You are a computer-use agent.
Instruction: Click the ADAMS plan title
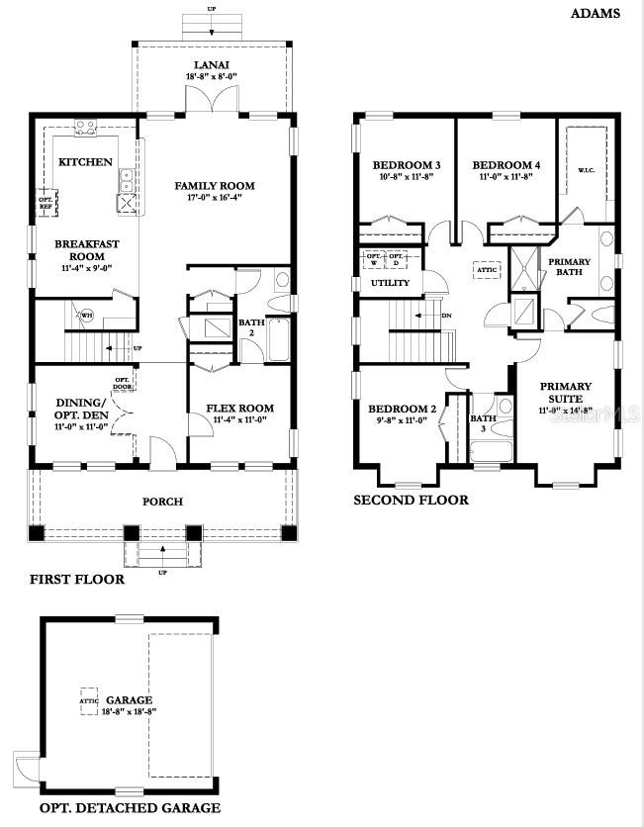point(596,14)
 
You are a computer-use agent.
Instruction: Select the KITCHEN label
point(85,161)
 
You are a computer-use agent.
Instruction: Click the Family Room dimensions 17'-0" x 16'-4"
point(215,197)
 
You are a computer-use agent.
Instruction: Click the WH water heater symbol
point(87,317)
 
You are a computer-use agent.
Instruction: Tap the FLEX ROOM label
point(239,408)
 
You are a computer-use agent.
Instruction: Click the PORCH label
point(162,502)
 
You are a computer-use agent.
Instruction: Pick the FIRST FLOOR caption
point(77,580)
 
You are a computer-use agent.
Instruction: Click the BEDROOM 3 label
point(407,164)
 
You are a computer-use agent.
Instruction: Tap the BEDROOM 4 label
point(506,164)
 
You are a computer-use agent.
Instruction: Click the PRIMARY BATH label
point(570,268)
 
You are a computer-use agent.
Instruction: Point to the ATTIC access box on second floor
point(487,268)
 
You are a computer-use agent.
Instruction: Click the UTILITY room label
point(390,283)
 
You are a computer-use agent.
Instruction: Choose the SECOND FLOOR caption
point(412,501)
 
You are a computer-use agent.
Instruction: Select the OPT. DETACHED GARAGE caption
point(129,808)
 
